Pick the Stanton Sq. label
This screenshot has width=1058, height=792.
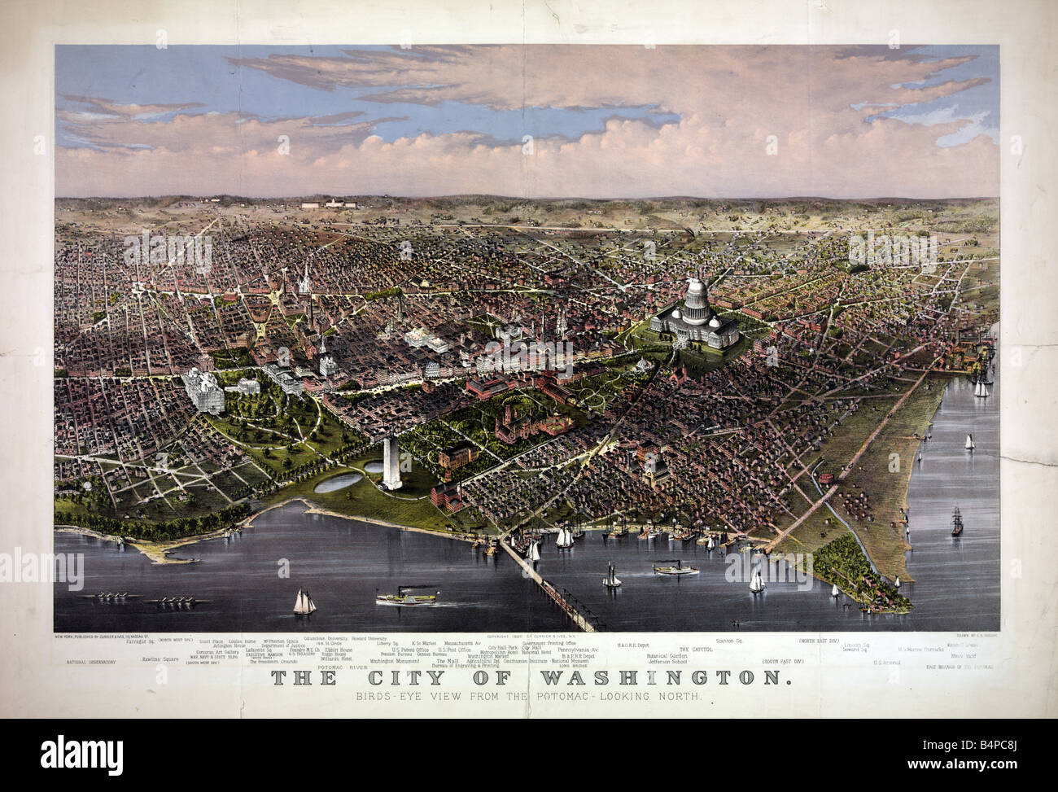(x=729, y=641)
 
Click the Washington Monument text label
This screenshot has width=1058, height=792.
(x=388, y=662)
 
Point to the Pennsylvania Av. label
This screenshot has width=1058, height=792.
(x=578, y=650)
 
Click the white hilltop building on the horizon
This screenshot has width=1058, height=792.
(x=329, y=203)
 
